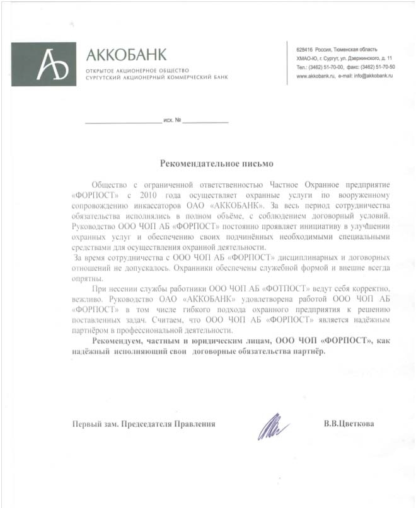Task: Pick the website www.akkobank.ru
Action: pos(316,75)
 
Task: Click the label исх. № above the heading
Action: pos(172,120)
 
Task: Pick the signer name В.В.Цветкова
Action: pos(348,424)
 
